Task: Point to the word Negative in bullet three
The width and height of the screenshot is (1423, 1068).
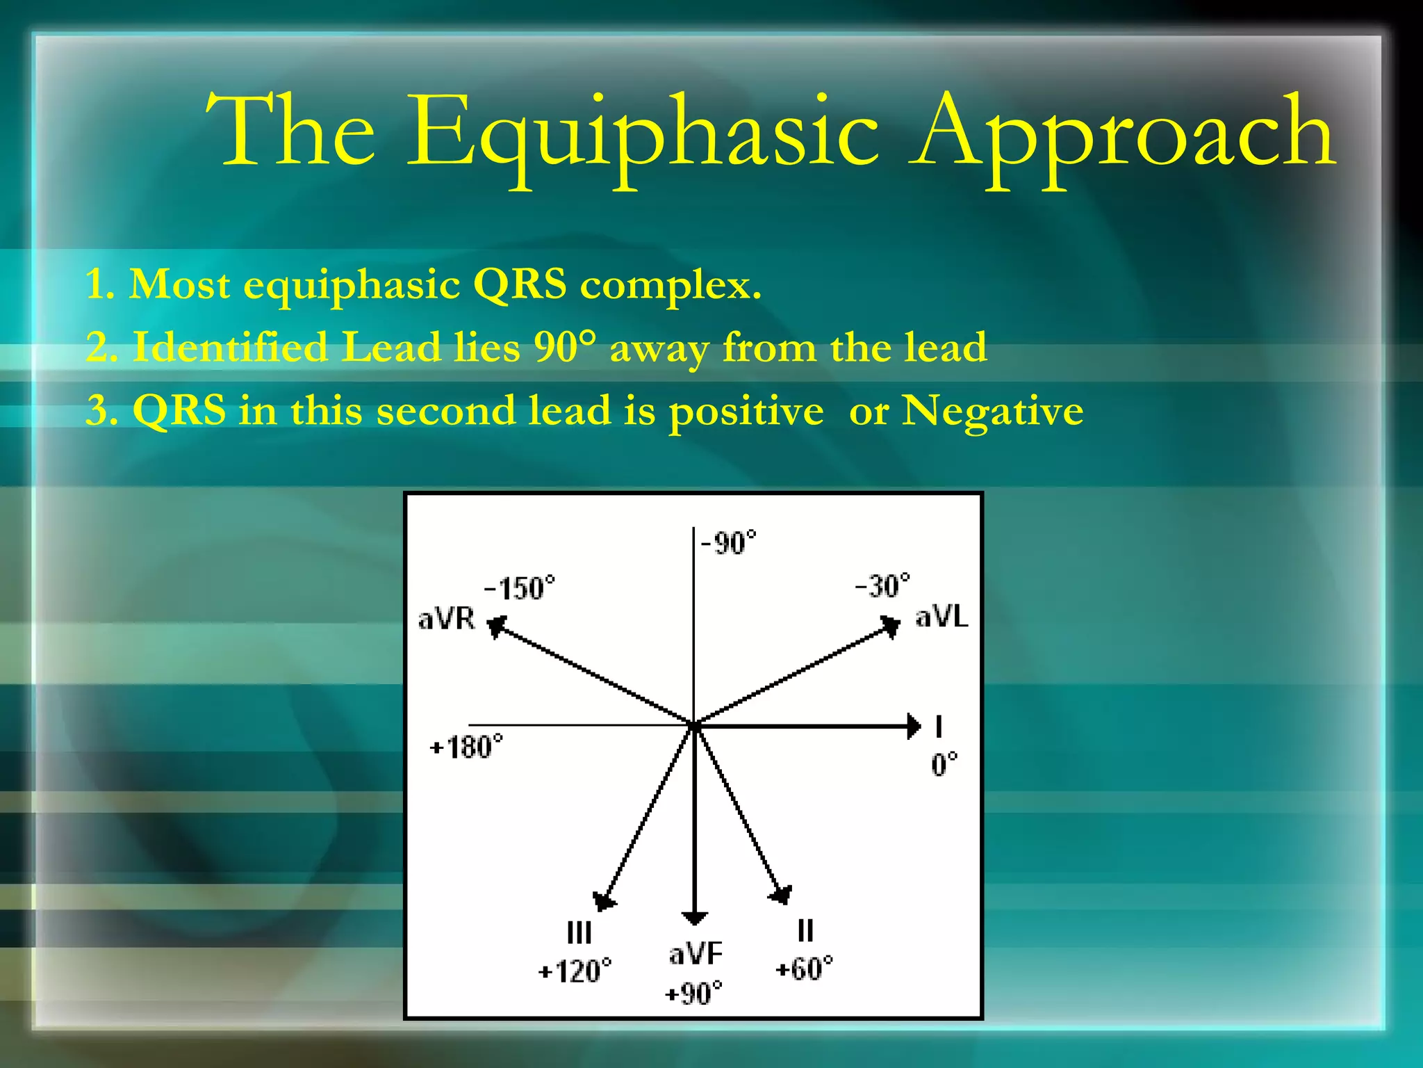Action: tap(992, 410)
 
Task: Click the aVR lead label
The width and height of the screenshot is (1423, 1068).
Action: tap(446, 618)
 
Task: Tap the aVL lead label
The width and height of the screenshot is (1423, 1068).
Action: tap(941, 616)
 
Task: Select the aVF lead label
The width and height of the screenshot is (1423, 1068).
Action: tap(696, 953)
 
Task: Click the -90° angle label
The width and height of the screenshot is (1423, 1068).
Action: tap(728, 543)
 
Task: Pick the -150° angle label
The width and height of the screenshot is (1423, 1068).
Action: tap(520, 588)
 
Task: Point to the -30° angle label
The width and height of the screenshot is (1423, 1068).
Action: tap(882, 586)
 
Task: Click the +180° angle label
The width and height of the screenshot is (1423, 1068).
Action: tap(466, 747)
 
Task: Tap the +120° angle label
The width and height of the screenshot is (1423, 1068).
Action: tap(575, 971)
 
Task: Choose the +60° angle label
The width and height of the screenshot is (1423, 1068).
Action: tap(804, 969)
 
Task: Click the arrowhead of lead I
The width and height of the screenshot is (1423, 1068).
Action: tap(914, 727)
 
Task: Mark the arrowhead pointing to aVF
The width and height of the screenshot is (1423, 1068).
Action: tap(694, 917)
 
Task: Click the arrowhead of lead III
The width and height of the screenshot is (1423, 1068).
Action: tap(602, 901)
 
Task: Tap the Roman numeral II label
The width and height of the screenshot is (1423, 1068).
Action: tap(805, 930)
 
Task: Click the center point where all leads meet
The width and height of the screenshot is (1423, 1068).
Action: tap(694, 725)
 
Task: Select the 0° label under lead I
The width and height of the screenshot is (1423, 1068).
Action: tap(944, 764)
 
